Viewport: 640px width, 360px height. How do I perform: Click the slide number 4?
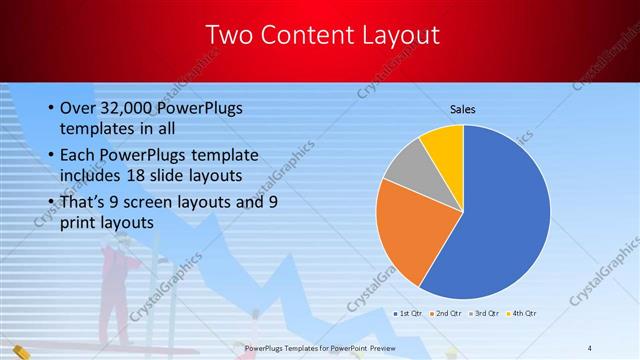(x=590, y=347)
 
